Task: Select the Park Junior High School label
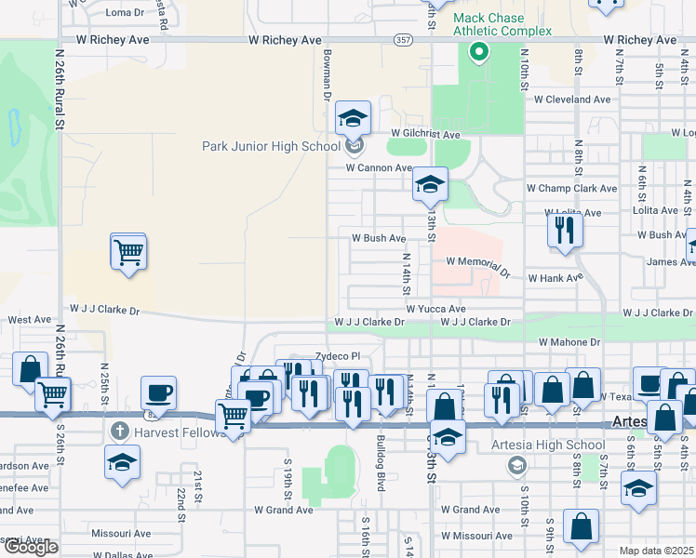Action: tap(272, 146)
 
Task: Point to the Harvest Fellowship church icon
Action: tap(118, 431)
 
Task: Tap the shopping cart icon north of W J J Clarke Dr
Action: tap(128, 251)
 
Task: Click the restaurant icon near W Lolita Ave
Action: tap(564, 229)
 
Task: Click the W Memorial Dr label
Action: tap(478, 266)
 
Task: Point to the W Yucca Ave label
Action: tap(435, 309)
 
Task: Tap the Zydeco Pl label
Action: tap(337, 356)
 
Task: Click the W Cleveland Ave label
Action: tap(571, 100)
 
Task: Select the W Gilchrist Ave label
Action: tap(425, 134)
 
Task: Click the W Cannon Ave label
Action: tap(379, 168)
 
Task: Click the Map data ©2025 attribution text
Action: tap(656, 551)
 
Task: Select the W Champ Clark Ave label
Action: tap(571, 188)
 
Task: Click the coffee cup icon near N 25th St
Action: tap(158, 392)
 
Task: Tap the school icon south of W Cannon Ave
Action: tap(430, 185)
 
